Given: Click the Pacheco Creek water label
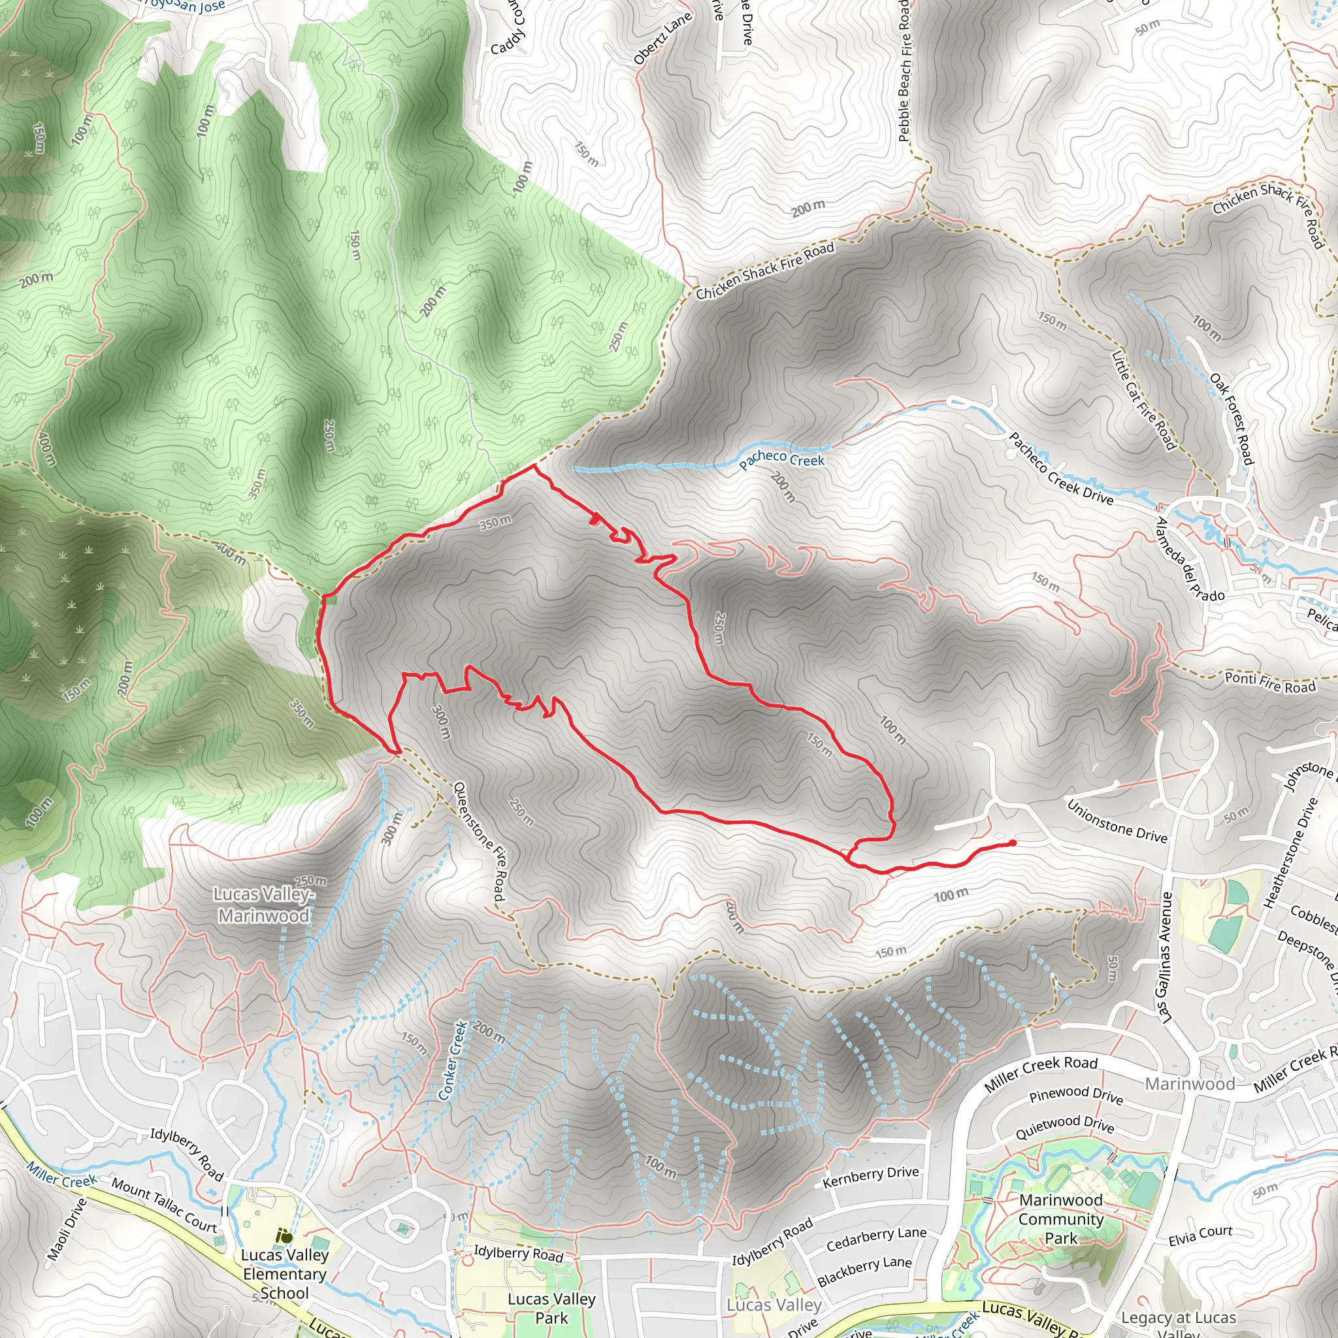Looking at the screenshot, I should click(x=781, y=459).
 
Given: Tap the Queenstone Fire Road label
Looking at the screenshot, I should click(x=478, y=841).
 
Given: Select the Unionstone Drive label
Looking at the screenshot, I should click(x=1117, y=822).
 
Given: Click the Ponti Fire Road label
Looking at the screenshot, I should click(x=1269, y=683).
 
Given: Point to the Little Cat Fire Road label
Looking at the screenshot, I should click(x=1143, y=400).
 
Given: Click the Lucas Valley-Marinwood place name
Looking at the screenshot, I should click(x=263, y=905).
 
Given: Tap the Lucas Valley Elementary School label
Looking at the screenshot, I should click(x=284, y=1274).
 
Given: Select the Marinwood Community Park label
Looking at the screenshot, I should click(x=1060, y=1219).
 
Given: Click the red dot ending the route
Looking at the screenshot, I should click(x=1013, y=843).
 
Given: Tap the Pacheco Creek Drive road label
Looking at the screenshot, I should click(x=1060, y=469).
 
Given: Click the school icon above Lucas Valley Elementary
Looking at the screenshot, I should click(x=284, y=1236).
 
